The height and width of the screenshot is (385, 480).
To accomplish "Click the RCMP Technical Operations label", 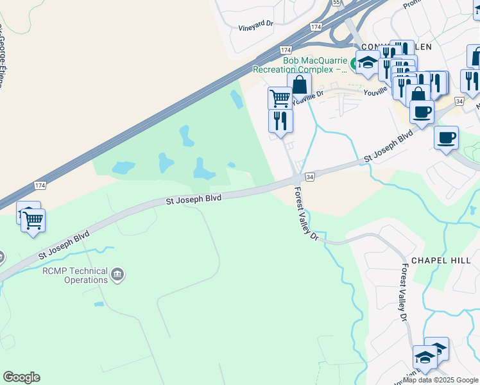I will pos(75,275).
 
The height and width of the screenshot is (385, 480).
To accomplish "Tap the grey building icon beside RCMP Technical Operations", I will pos(117,275).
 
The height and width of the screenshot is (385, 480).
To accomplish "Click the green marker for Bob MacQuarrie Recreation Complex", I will pos(354,64).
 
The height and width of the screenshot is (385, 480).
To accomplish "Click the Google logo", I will pos(21,377).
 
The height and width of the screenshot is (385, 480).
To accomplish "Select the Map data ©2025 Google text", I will pos(441,380).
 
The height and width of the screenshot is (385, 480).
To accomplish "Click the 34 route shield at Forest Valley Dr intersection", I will pos(309,176).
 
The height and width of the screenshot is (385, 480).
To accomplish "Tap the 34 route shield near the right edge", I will pos(458,101).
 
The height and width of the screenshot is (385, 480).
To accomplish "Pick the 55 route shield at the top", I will pos(336,3).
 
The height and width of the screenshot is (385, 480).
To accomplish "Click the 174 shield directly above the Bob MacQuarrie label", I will pos(286,50).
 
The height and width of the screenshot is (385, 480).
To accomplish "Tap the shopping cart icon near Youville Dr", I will pos(280,98).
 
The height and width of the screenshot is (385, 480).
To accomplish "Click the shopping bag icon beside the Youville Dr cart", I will pos(299,84).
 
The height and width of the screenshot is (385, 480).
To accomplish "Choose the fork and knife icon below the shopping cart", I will pos(280,119).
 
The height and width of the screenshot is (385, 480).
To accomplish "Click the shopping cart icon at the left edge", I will pos(33,220).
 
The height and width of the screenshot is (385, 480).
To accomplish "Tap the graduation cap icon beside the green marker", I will pos(368,63).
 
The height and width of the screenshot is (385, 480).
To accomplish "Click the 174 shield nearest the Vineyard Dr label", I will pos(315,26).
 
